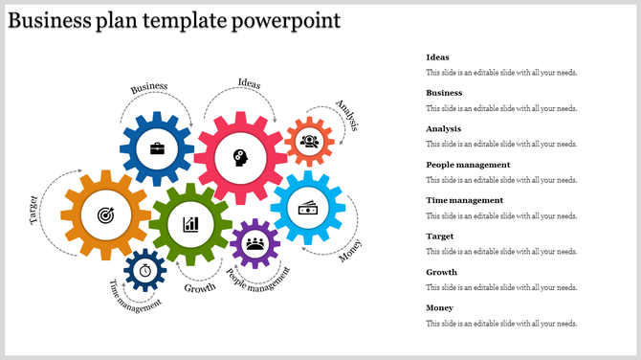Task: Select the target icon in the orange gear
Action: click(104, 216)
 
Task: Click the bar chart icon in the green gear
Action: click(190, 224)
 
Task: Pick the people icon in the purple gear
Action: click(254, 243)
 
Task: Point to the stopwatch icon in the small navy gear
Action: click(144, 270)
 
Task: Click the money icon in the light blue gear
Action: click(308, 207)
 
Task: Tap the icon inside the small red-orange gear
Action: click(309, 142)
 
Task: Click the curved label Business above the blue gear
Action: click(149, 87)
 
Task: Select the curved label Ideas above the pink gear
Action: click(249, 83)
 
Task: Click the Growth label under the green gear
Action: click(200, 288)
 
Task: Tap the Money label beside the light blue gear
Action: click(351, 251)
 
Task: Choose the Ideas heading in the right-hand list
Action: click(437, 57)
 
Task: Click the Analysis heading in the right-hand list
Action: click(444, 128)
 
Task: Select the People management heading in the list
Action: click(468, 165)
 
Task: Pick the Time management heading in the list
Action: click(464, 200)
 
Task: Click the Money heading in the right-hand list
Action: click(440, 307)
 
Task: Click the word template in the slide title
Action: click(181, 21)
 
